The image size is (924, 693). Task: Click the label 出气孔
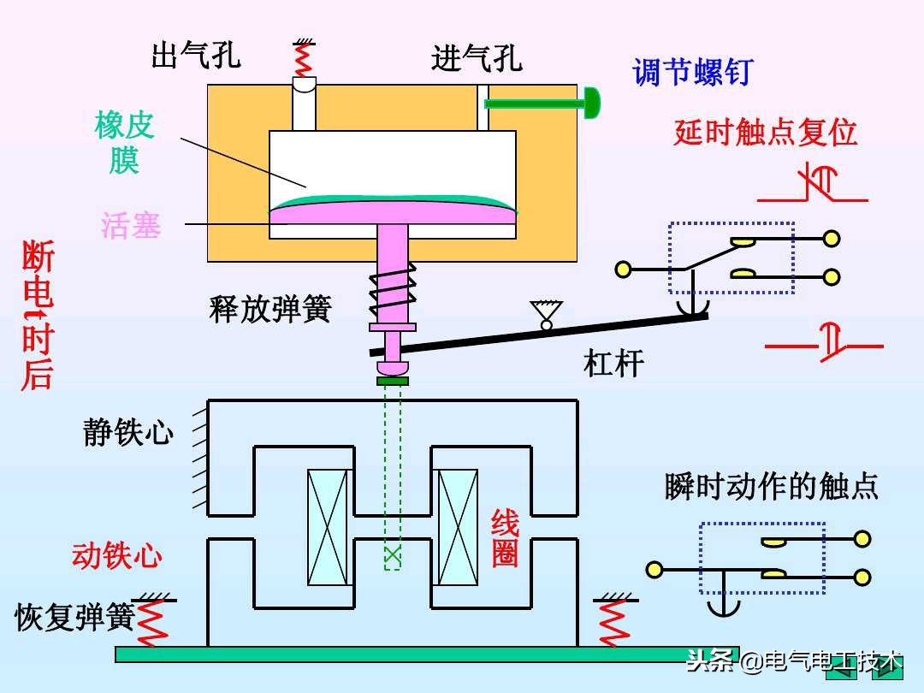coord(196,56)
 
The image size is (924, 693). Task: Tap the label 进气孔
coord(477,59)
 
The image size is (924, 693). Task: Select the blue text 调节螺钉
coord(692,72)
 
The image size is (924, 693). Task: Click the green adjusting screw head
coord(590,104)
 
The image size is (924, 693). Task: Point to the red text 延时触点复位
coord(765,133)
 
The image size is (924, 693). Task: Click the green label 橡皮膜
coord(125,142)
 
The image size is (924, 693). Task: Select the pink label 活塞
coord(131,226)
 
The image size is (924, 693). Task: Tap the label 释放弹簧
coord(269,309)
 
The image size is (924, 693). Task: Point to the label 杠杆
coord(613,363)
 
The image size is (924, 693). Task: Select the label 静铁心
coord(128,432)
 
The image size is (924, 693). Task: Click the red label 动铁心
coord(117,556)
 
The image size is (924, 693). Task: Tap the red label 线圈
coord(505,538)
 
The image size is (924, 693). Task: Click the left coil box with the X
coord(329,527)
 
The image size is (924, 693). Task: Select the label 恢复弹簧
coord(75,617)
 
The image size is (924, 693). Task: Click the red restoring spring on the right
coord(613,621)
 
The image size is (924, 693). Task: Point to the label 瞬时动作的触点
coord(771,486)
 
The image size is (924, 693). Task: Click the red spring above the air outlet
coord(302,58)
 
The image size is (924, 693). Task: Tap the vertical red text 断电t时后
coord(38,316)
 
